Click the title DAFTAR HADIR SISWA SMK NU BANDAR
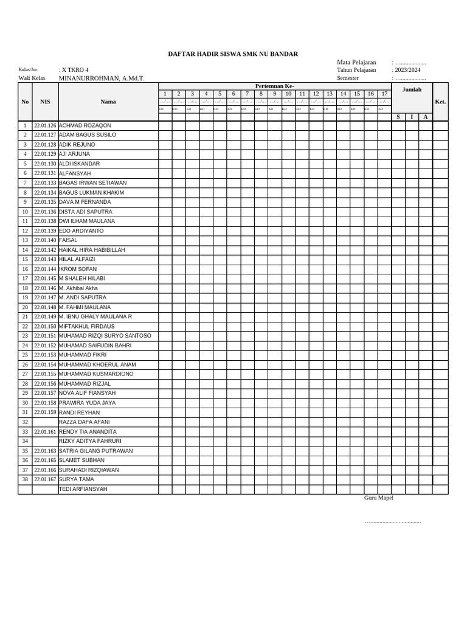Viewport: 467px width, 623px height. [x=233, y=54]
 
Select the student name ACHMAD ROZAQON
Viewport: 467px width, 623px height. [x=85, y=125]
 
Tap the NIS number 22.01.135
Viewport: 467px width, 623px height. [x=45, y=202]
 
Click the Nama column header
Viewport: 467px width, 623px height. [x=108, y=102]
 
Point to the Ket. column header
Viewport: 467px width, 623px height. [x=440, y=102]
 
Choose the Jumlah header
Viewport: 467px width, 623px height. [x=412, y=89]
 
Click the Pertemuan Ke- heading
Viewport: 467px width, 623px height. [x=275, y=86]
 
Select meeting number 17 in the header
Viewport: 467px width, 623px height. [x=384, y=94]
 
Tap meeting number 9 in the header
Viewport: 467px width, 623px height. [x=274, y=94]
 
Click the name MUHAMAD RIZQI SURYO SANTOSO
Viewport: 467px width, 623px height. [x=105, y=336]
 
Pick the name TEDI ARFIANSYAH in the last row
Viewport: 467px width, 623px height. [x=83, y=489]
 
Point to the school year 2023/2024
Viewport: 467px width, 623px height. [x=407, y=70]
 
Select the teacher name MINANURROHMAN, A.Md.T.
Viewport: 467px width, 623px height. [x=102, y=78]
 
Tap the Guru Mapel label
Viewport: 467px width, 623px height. [x=379, y=498]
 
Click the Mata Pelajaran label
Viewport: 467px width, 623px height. [x=356, y=62]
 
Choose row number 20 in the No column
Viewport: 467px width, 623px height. [x=25, y=307]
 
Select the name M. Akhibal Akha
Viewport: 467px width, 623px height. [x=78, y=288]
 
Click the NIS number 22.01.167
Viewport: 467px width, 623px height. [x=45, y=479]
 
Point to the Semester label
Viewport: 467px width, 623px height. [x=348, y=78]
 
